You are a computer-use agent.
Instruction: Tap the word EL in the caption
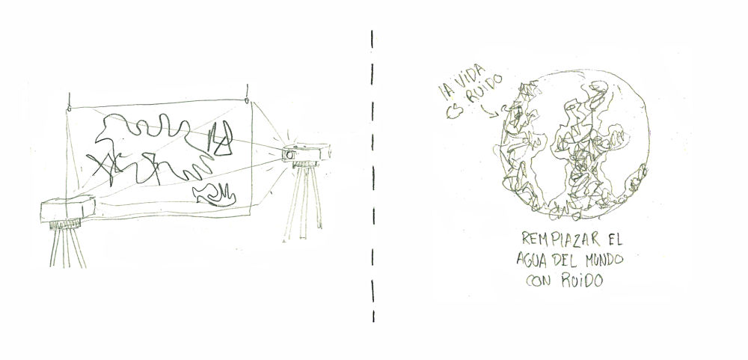pyautogui.click(x=614, y=238)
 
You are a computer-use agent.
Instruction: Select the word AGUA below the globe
pyautogui.click(x=533, y=260)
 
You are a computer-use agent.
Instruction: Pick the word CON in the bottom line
pyautogui.click(x=539, y=280)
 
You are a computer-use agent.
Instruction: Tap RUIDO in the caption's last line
pyautogui.click(x=582, y=280)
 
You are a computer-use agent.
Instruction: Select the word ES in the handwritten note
pyautogui.click(x=454, y=112)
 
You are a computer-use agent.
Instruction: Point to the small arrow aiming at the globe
pyautogui.click(x=490, y=112)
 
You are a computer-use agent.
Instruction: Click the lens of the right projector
pyautogui.click(x=289, y=155)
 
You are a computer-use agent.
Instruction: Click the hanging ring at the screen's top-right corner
pyautogui.click(x=247, y=101)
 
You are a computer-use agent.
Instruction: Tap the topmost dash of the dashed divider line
pyautogui.click(x=372, y=39)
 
